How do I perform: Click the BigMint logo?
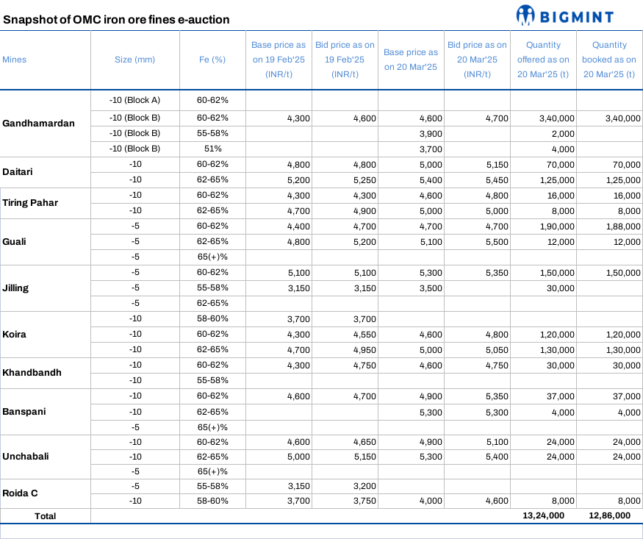(x=564, y=15)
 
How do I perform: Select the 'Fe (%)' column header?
(x=212, y=60)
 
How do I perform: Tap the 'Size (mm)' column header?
(x=134, y=60)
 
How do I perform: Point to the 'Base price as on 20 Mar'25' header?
(x=411, y=60)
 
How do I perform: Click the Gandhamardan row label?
(x=39, y=123)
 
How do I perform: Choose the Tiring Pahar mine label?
(x=30, y=203)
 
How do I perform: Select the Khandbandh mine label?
(x=32, y=372)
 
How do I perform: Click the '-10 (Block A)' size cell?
(x=134, y=99)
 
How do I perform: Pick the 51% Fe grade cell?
(x=212, y=149)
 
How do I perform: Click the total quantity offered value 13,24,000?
(x=544, y=515)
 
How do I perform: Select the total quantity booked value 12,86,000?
(x=609, y=515)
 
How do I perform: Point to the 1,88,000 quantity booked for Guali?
(x=621, y=226)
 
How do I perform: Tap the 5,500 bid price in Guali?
(x=496, y=241)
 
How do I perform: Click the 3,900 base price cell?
(x=430, y=133)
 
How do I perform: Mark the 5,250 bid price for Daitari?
(x=364, y=179)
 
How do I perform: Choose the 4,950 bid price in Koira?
(x=364, y=349)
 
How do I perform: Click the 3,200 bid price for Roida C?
(x=364, y=485)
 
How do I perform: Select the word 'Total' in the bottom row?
(x=45, y=516)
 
